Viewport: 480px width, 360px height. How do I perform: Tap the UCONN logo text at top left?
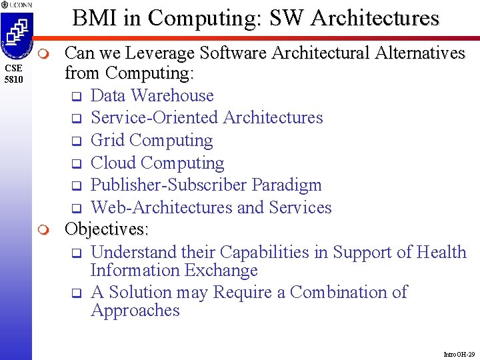tap(15, 5)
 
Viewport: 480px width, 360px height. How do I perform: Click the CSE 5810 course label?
tap(14, 74)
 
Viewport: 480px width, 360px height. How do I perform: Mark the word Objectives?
tap(106, 230)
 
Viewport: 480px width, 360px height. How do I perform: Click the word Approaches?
tap(135, 311)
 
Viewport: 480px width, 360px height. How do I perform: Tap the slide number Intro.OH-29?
tap(459, 354)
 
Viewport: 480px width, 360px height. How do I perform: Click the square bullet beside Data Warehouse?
tap(76, 97)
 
